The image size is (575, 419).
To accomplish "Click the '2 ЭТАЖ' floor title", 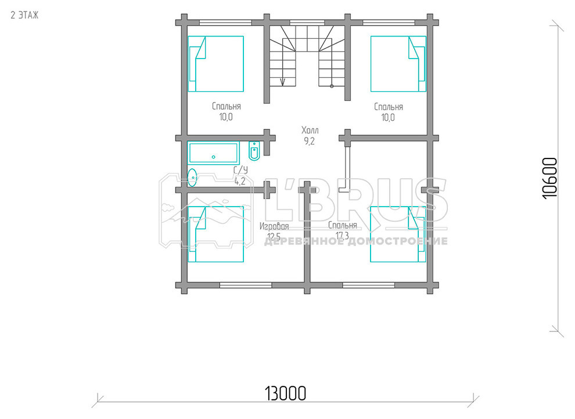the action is [x=24, y=15].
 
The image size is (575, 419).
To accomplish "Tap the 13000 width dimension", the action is [x=285, y=393].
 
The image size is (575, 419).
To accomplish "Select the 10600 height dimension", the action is [x=549, y=178].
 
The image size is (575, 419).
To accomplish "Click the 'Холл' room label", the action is [x=310, y=130].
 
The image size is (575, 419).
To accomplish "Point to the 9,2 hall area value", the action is [x=310, y=141].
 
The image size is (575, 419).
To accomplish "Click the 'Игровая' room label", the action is [x=274, y=226].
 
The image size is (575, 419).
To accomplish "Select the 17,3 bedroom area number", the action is [x=342, y=236].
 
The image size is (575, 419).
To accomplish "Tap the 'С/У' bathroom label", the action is [x=240, y=170].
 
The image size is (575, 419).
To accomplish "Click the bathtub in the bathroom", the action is [x=213, y=153].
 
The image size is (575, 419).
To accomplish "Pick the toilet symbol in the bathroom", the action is [x=254, y=151].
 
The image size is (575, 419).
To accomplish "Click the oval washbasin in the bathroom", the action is [x=192, y=177].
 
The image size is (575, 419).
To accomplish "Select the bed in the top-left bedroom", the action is [x=216, y=64].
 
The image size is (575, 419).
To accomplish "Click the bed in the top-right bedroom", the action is [x=398, y=64].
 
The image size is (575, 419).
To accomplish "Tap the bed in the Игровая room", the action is [x=216, y=234].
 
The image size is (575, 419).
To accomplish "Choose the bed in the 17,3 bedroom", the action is [x=398, y=234].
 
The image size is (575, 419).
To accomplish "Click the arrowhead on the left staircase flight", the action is [x=282, y=82].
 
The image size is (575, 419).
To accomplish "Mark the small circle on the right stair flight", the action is [x=332, y=86].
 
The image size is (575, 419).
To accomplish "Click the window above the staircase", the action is [x=304, y=22].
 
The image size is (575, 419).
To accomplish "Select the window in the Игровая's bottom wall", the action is [x=246, y=285].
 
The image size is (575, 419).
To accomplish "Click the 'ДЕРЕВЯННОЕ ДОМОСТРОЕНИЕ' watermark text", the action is [x=355, y=241].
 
